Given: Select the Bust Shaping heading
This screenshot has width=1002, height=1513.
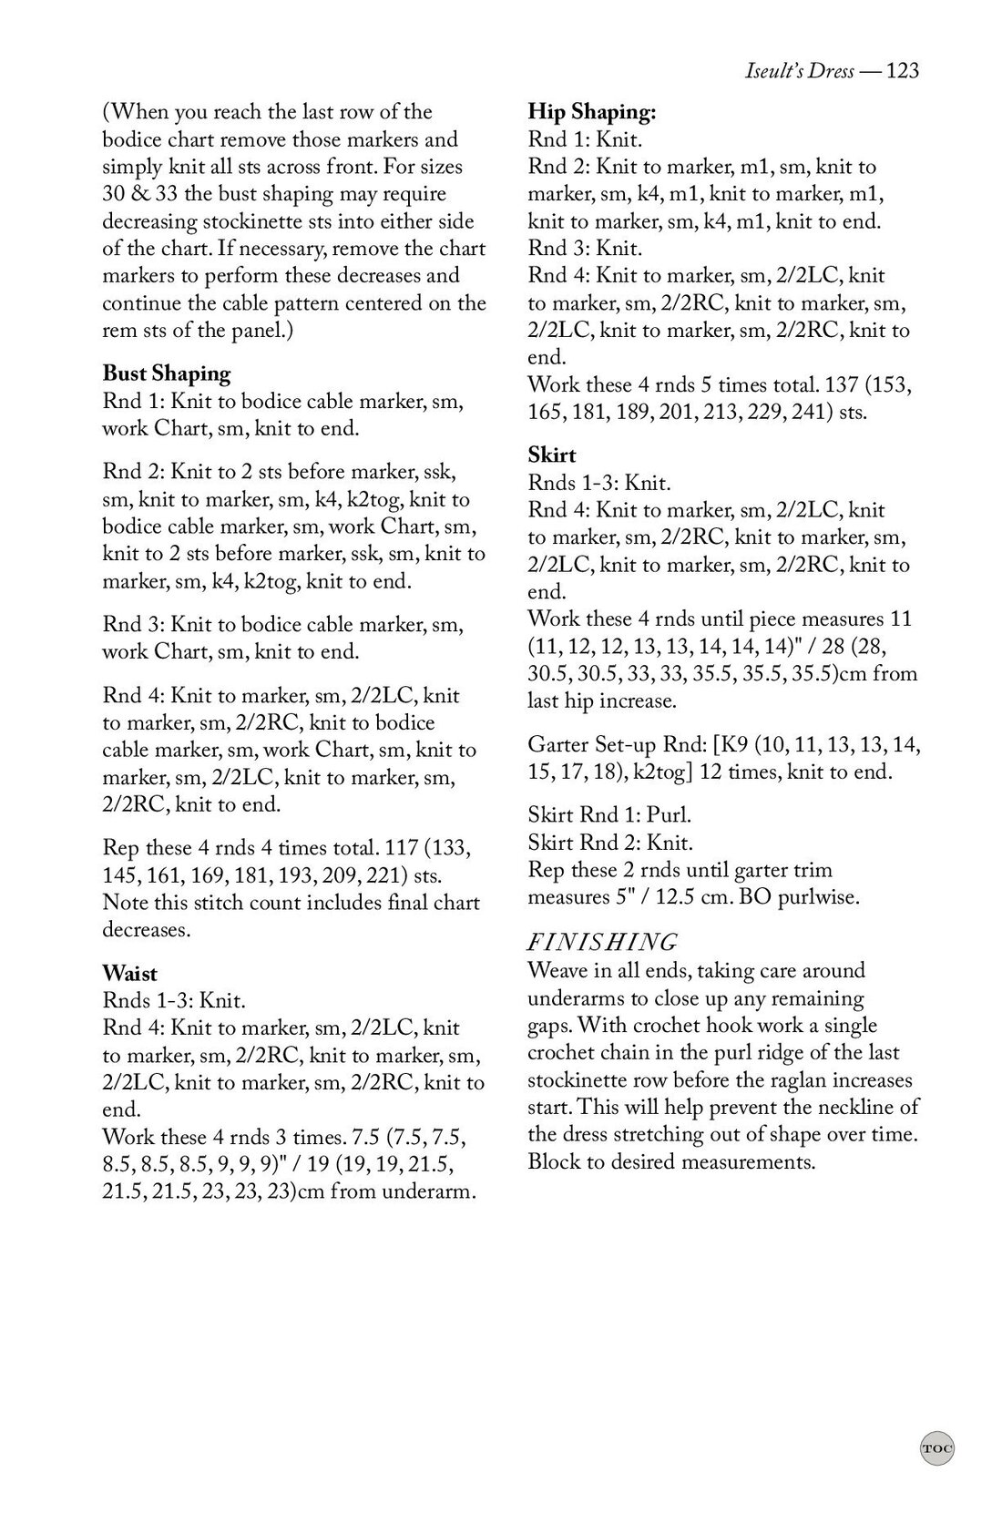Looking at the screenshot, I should coord(166,373).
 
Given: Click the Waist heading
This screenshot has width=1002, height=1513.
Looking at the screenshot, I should coord(129,974).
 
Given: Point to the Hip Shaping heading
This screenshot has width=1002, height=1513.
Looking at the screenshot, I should coord(592,112).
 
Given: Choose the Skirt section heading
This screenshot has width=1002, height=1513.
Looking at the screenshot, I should coord(552,455).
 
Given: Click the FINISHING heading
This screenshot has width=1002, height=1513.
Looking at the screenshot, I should coord(602,942).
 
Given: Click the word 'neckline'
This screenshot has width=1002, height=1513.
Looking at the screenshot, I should coord(852,1108).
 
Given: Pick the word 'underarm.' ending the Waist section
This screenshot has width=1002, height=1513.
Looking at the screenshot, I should coord(433,1192).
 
